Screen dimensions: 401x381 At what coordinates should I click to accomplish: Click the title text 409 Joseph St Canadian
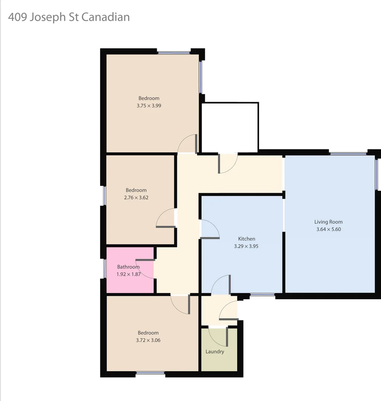point(69,17)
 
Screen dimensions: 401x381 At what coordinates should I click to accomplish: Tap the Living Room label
point(328,222)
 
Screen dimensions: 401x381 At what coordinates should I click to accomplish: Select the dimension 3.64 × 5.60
point(328,229)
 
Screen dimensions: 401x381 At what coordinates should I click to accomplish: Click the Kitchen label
point(246,239)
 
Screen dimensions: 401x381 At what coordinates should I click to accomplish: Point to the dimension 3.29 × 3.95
point(246,246)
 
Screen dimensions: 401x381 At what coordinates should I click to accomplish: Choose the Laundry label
point(215,352)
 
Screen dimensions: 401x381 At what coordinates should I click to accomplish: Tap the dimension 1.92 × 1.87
point(128,274)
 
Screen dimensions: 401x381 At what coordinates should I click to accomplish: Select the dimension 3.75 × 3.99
point(149,105)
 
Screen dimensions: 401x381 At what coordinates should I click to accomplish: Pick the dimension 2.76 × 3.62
point(136,198)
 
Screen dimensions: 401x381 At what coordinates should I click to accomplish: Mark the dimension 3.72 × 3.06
point(148,340)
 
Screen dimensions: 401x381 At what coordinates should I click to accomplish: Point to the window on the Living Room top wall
point(348,153)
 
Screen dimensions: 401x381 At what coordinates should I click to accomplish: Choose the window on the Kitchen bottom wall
point(262,295)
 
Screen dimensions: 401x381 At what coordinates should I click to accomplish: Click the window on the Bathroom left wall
point(105,268)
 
